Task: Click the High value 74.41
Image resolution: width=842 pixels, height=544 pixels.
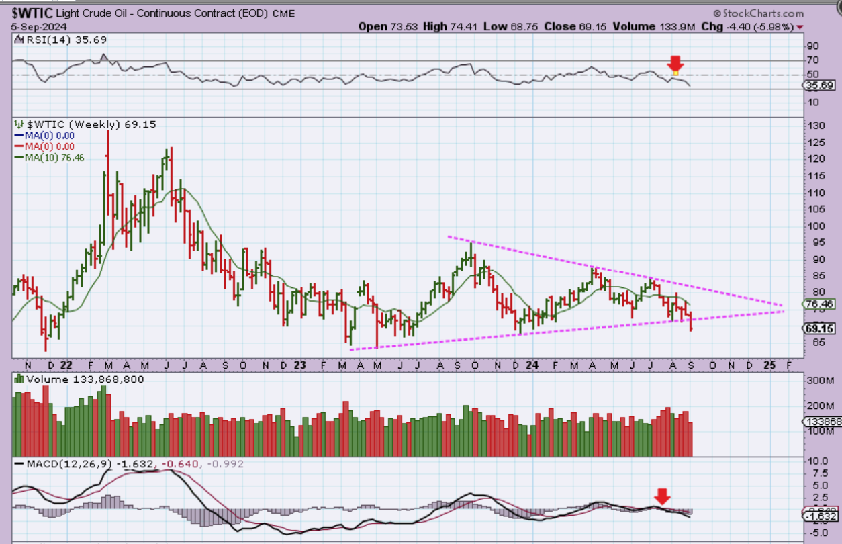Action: point(463,26)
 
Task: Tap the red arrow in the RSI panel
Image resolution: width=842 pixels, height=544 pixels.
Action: point(675,64)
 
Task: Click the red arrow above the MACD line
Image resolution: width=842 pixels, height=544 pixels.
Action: point(663,496)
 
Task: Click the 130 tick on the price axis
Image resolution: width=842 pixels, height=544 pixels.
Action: point(815,126)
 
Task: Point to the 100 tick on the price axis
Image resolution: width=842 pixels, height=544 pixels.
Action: point(815,226)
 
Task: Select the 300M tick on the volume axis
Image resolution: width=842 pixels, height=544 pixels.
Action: point(819,381)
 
